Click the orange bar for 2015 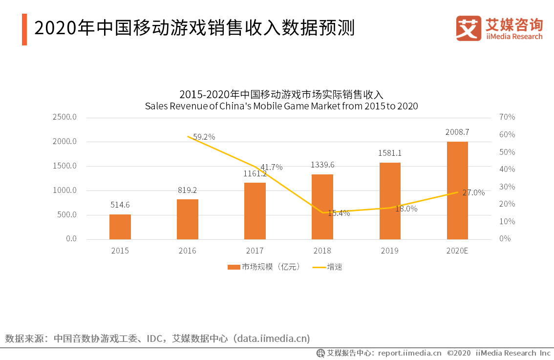(x=120, y=227)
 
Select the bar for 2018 (x=322, y=207)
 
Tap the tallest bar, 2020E (x=457, y=191)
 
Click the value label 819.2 (x=187, y=191)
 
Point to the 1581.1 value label (x=390, y=153)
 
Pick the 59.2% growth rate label (x=204, y=137)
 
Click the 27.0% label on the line (x=473, y=193)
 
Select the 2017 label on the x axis (x=255, y=251)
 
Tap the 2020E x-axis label (x=457, y=251)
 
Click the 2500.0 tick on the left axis (x=65, y=117)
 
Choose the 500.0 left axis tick (x=67, y=215)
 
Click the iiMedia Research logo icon (x=469, y=28)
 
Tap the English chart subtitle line (x=281, y=106)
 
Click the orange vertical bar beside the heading (x=24, y=29)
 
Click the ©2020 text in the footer (x=458, y=353)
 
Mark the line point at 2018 (x=322, y=212)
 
